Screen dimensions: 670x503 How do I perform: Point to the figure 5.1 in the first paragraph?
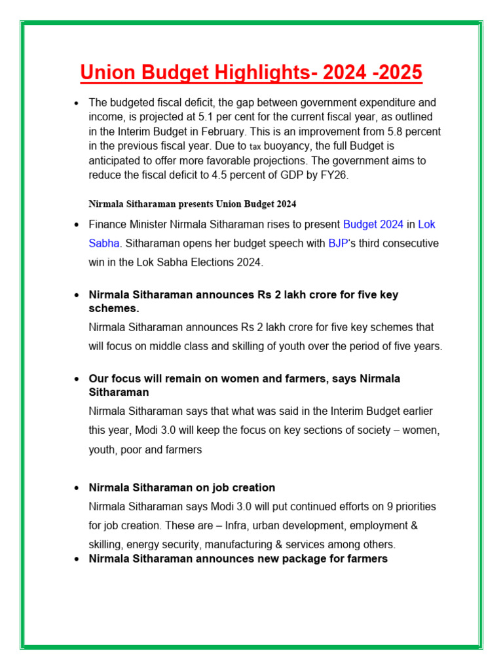pyautogui.click(x=207, y=117)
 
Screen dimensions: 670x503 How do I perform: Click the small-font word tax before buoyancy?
pyautogui.click(x=255, y=147)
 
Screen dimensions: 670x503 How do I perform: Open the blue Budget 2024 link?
pyautogui.click(x=373, y=224)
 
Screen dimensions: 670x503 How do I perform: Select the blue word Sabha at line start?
pyautogui.click(x=103, y=243)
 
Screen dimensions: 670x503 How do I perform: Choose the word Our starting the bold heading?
pyautogui.click(x=98, y=379)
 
